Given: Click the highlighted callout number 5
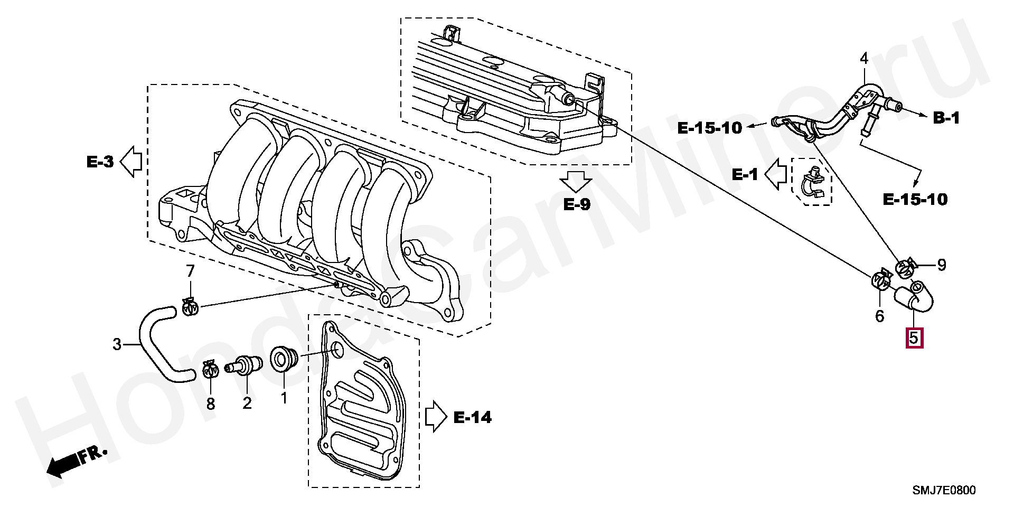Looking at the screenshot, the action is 914,338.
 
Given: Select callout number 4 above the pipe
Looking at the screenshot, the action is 864,58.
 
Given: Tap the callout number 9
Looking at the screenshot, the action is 942,265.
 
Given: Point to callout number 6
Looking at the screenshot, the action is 879,316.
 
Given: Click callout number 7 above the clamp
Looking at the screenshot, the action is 190,271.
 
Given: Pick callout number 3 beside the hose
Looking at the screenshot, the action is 117,344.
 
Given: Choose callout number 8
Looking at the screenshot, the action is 211,404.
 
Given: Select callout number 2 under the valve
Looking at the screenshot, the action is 247,403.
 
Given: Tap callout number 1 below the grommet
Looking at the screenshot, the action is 284,398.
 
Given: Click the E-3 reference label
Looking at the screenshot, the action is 100,162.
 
